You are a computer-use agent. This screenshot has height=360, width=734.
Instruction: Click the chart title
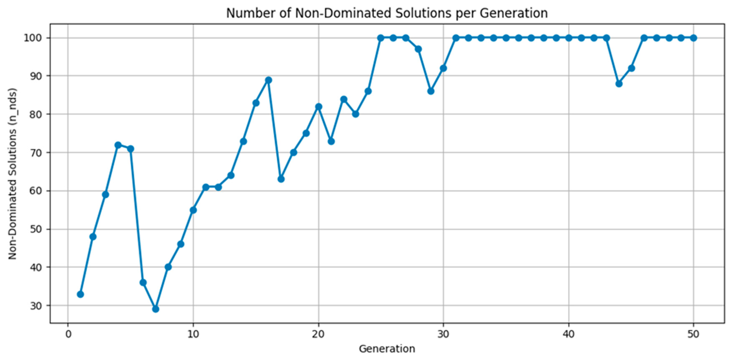387,13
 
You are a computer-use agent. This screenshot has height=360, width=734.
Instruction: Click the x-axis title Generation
387,349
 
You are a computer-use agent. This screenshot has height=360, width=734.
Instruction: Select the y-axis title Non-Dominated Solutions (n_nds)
12,174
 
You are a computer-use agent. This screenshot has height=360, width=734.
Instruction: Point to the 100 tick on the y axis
33,38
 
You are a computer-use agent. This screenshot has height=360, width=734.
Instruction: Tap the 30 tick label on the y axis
36,306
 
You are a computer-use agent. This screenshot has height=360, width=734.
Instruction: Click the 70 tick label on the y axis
36,153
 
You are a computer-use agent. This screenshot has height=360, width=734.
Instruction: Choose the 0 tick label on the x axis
68,334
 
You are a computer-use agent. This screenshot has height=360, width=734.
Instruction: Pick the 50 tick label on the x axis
693,334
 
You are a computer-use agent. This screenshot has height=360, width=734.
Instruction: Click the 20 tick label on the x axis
318,334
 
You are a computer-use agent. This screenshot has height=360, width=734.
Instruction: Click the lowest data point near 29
156,309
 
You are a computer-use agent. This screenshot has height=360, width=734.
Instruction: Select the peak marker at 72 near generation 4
118,145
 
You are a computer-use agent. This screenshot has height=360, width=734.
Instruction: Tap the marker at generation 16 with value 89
268,80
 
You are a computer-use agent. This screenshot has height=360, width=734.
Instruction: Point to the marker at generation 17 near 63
281,179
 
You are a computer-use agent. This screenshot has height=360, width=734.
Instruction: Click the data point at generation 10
193,210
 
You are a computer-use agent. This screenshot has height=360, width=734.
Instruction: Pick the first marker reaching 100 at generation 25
381,38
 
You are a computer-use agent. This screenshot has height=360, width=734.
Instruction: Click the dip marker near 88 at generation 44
619,84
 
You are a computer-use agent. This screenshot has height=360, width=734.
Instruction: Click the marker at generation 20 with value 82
319,107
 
